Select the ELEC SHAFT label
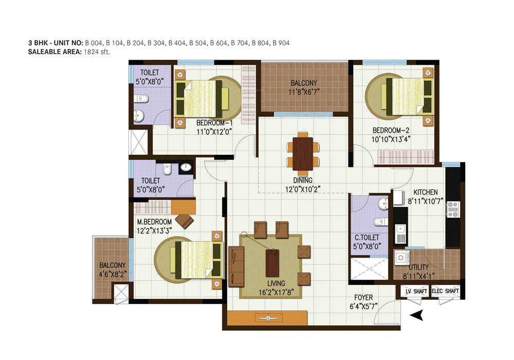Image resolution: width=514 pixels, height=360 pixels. tap(446, 292)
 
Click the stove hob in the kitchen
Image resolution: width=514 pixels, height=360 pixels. tap(453, 209)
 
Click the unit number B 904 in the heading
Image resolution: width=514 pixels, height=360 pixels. tap(281, 43)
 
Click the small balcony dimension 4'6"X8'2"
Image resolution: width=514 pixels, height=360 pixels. tap(111, 274)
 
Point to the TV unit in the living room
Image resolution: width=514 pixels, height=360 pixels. tap(267, 318)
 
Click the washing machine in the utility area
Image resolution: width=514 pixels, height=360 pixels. tap(400, 257)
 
